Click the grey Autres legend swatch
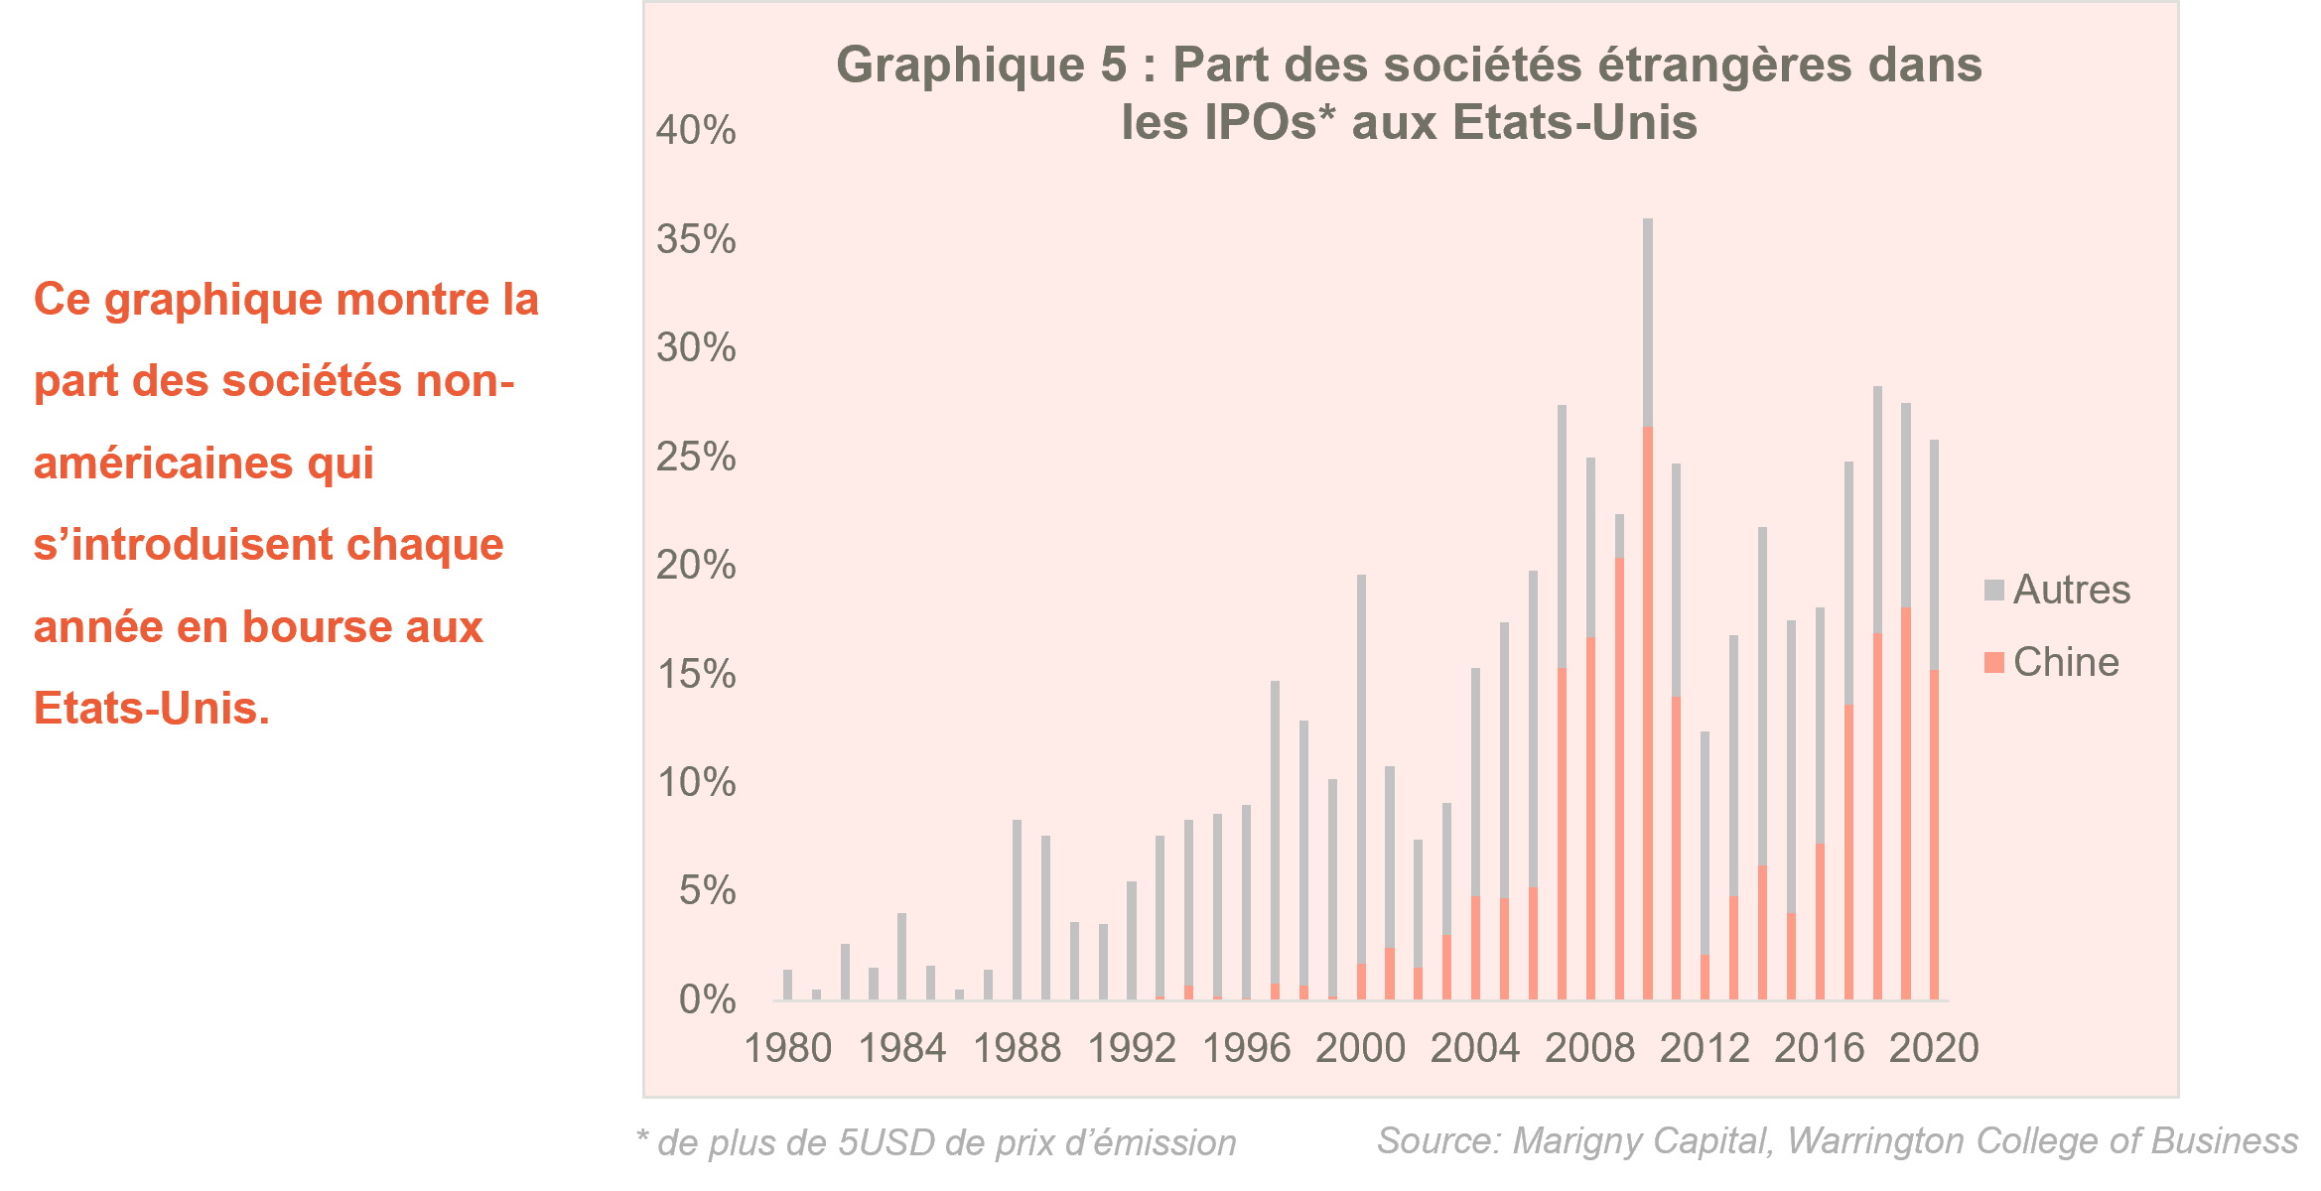1993,590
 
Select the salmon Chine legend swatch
1993,662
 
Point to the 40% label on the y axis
695,130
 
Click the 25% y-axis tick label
695,457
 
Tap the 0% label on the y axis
707,998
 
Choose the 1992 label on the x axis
1132,1048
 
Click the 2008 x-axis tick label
1589,1048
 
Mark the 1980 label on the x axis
788,1048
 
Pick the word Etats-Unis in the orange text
151,709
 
